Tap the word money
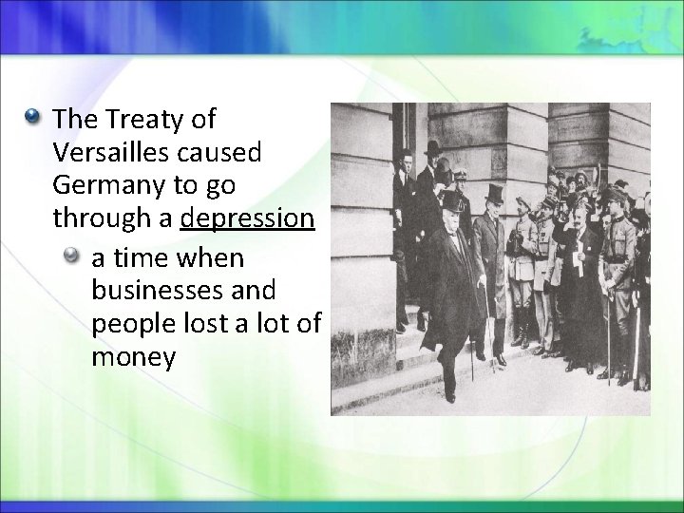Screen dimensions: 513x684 [x=134, y=357]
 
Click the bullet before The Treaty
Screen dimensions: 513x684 [x=34, y=119]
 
